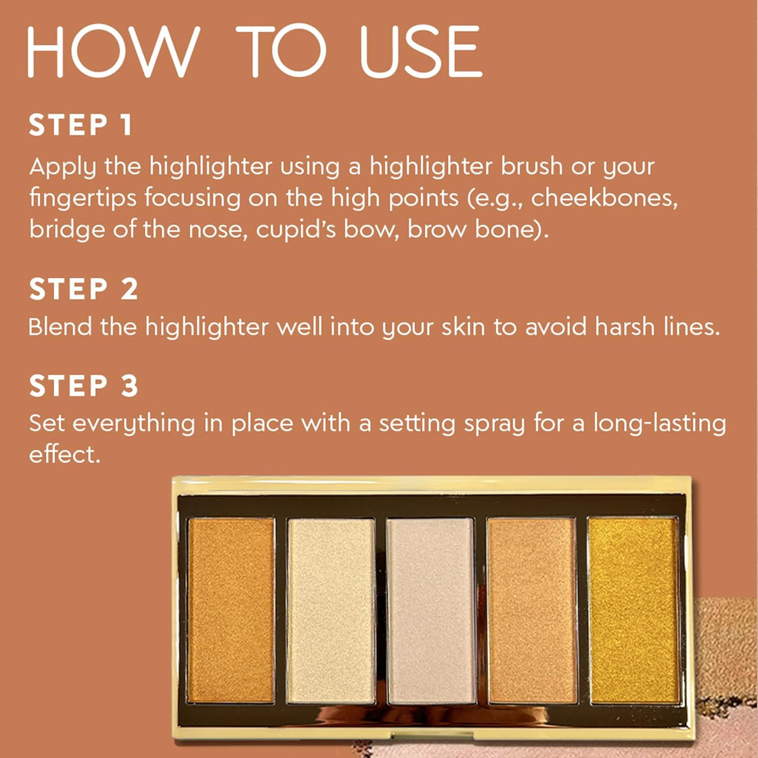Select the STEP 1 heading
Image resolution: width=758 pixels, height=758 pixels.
coord(81,126)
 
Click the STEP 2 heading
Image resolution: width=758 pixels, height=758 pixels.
coord(83,290)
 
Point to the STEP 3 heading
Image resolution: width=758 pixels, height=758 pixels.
coord(83,386)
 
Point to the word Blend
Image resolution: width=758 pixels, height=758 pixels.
coord(60,327)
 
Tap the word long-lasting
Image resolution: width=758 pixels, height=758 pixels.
coord(659,424)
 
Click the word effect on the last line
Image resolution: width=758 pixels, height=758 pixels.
coord(64,454)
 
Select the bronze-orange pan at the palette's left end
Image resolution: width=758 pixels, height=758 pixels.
coord(231,610)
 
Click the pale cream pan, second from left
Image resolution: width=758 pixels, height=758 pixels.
coord(331,610)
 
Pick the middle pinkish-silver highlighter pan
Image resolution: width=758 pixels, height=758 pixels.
coord(431,610)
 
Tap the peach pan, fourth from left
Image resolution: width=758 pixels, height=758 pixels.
coord(532,610)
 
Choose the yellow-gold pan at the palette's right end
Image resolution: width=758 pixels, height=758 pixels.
coord(633,610)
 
